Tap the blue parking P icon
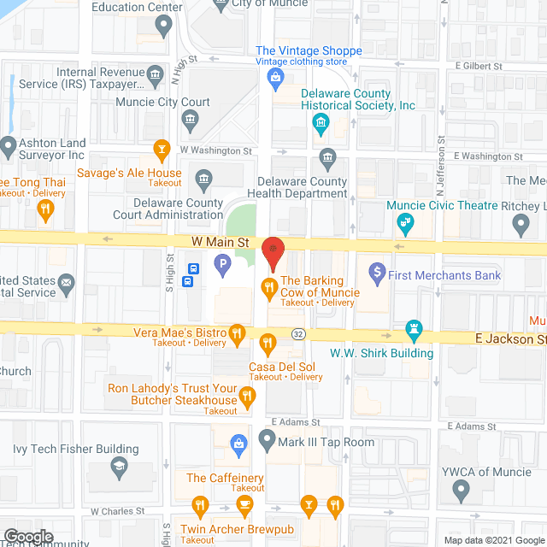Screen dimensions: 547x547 (222, 265)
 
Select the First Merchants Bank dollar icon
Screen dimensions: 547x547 (375, 274)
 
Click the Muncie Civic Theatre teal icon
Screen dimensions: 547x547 (405, 225)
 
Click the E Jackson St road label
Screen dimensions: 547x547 (510, 339)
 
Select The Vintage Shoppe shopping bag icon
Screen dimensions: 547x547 (276, 80)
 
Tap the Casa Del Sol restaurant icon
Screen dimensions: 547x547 (268, 345)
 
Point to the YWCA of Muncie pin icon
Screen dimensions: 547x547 (462, 491)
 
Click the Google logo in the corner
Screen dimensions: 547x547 (27, 537)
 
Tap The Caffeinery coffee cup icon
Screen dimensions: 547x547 (245, 506)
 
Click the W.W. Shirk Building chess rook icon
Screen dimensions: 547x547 (414, 330)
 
